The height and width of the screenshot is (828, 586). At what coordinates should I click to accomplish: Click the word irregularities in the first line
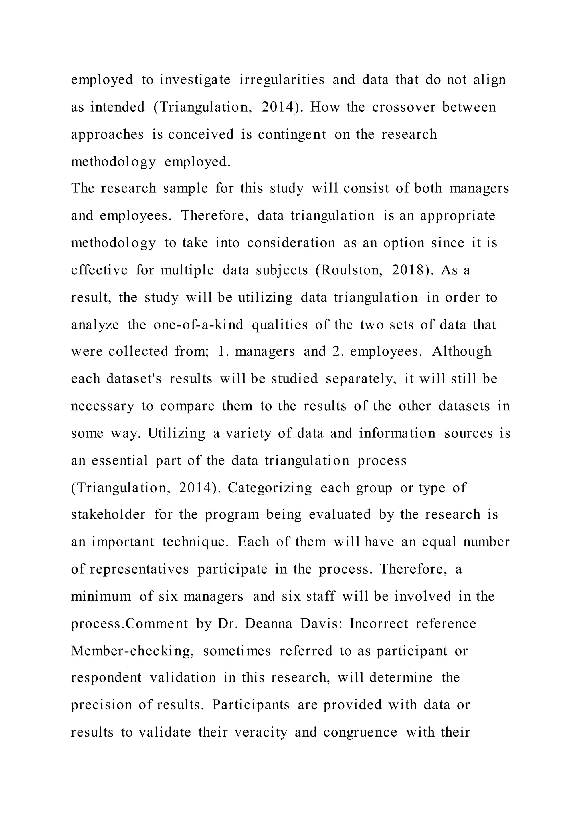click(282, 80)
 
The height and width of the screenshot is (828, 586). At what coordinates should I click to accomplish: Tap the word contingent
click(292, 134)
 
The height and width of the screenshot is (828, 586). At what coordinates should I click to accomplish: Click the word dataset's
click(134, 379)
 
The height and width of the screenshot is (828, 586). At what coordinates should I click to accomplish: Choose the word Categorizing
click(270, 488)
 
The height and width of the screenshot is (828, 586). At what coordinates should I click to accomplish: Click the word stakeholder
click(108, 515)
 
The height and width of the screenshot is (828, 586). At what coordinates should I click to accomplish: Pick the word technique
click(195, 542)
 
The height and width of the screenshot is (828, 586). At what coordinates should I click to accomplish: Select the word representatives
click(139, 570)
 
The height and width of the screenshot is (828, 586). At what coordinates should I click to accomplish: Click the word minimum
click(101, 596)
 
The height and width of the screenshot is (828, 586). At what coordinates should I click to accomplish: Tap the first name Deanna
click(268, 624)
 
